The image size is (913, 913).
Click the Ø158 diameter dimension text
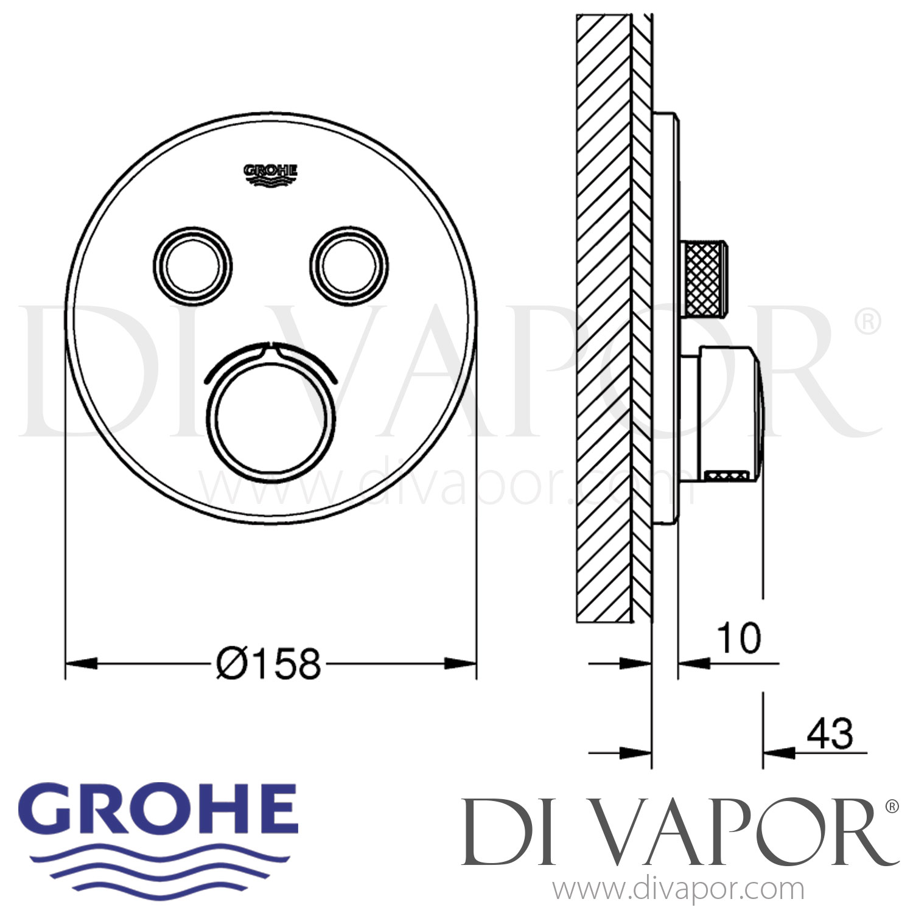[268, 663]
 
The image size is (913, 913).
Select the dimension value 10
[739, 638]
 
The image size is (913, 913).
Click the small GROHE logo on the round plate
[271, 173]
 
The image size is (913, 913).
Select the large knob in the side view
[727, 414]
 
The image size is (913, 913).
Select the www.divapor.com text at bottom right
[678, 889]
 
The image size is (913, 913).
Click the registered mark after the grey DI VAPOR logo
[892, 806]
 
